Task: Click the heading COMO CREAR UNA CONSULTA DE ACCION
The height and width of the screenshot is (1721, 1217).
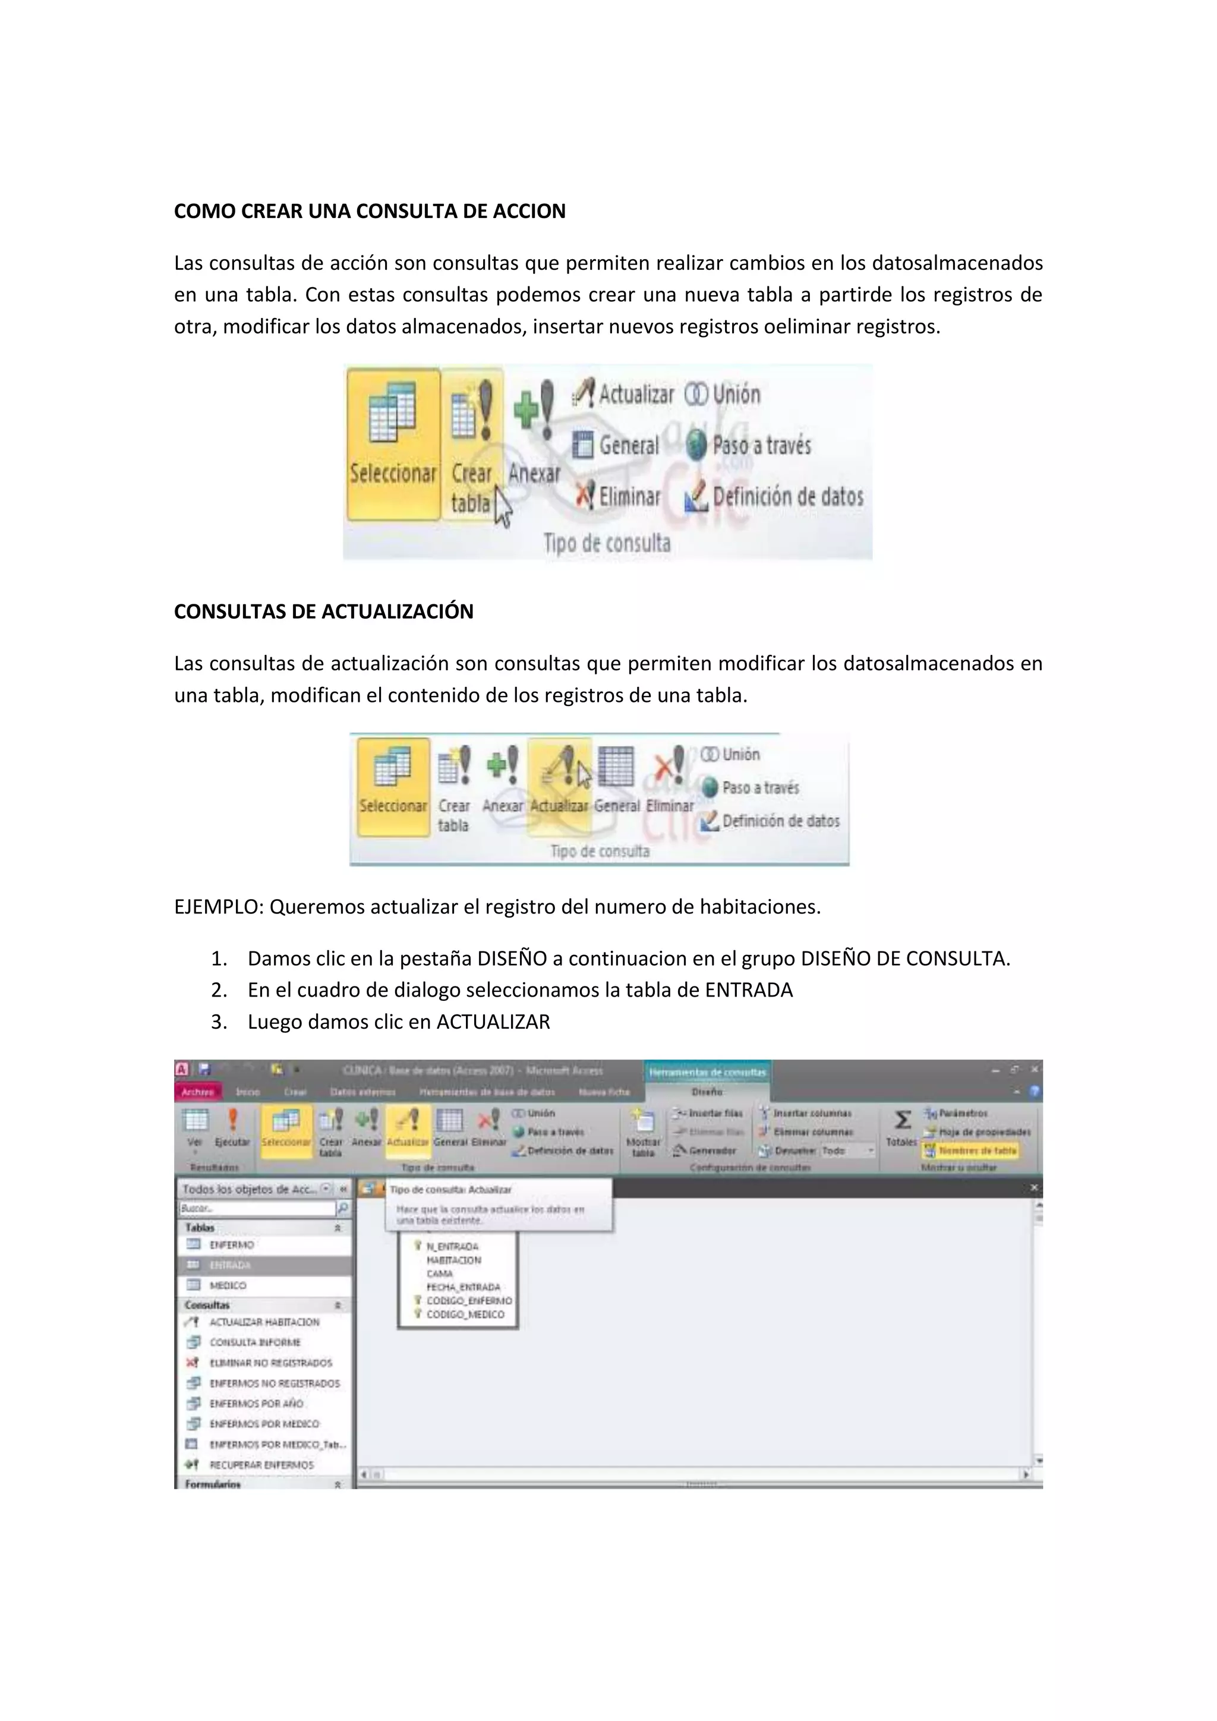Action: pyautogui.click(x=370, y=212)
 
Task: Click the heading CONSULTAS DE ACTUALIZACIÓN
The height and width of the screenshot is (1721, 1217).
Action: pyautogui.click(x=323, y=612)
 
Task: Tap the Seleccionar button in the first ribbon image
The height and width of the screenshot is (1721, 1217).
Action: pyautogui.click(x=393, y=444)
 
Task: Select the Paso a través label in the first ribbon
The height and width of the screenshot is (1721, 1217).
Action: pyautogui.click(x=761, y=445)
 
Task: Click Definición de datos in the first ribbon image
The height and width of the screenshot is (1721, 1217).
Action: pyautogui.click(x=787, y=496)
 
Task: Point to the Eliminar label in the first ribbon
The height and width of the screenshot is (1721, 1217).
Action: pyautogui.click(x=629, y=496)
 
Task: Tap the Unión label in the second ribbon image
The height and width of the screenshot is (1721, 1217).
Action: pyautogui.click(x=740, y=755)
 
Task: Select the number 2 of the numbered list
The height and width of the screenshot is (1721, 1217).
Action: pyautogui.click(x=219, y=990)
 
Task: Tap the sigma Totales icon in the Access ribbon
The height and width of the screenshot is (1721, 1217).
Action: pyautogui.click(x=902, y=1121)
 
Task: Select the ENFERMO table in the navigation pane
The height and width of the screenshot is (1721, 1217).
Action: pyautogui.click(x=232, y=1245)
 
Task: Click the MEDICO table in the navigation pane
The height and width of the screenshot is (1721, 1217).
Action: pyautogui.click(x=228, y=1285)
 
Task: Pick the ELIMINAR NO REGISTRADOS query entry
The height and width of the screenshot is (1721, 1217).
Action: pyautogui.click(x=270, y=1363)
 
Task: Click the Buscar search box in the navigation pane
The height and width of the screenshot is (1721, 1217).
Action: pyautogui.click(x=256, y=1208)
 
